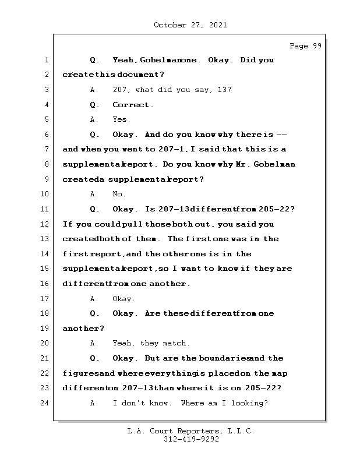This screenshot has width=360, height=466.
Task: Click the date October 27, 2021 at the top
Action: click(190, 25)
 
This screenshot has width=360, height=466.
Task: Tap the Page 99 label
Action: click(305, 46)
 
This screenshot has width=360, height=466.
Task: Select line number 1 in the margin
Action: click(46, 61)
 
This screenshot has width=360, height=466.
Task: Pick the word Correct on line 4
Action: click(132, 105)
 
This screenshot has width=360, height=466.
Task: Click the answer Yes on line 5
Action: click(121, 120)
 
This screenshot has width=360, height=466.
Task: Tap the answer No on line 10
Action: click(119, 195)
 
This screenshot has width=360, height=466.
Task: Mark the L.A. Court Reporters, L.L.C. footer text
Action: click(190, 432)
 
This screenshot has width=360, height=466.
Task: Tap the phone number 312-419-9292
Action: click(190, 440)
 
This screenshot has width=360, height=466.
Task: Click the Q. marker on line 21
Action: click(94, 358)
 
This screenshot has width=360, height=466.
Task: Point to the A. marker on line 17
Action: click(94, 299)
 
